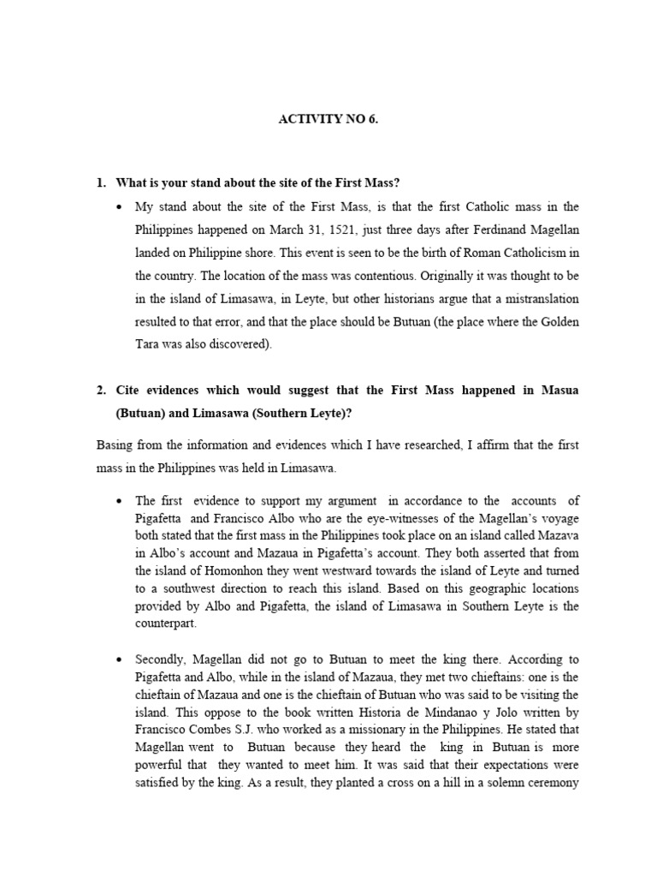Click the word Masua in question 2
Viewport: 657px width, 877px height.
coord(559,390)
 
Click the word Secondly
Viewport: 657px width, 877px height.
coord(161,659)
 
